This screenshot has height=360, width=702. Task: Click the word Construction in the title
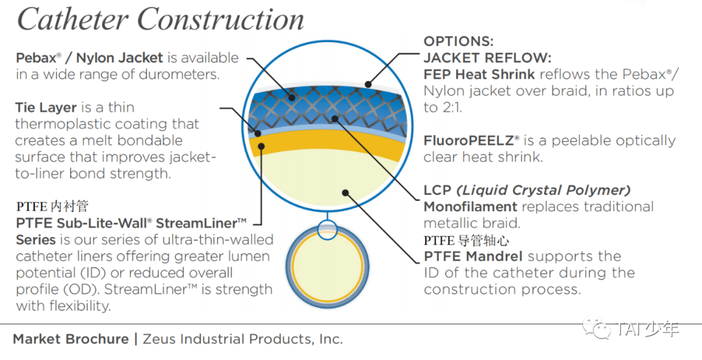[222, 19]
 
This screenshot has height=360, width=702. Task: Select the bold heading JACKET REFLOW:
[487, 57]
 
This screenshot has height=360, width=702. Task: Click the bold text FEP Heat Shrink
[479, 74]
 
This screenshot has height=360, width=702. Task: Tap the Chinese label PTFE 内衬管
[52, 207]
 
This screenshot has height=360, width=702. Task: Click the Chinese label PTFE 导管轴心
[466, 241]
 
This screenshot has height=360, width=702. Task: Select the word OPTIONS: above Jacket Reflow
[458, 41]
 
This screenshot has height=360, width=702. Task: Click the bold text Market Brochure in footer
[71, 339]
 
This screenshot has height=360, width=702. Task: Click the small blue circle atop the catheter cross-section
[328, 230]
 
